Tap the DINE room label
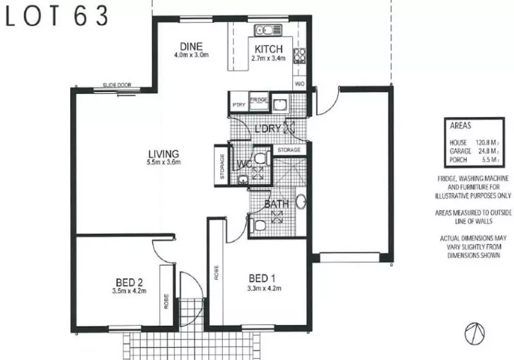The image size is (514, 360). (x=191, y=46)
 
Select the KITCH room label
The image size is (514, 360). (x=267, y=50)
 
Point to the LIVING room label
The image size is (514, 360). (x=163, y=154)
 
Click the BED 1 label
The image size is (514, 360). (x=263, y=278)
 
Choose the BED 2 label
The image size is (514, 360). (x=129, y=282)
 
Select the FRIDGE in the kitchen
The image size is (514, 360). (x=258, y=100)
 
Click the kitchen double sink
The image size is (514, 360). (x=264, y=30)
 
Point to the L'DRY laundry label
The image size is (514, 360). (x=268, y=128)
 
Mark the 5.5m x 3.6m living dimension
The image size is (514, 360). (x=163, y=163)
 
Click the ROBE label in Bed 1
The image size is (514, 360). (x=217, y=272)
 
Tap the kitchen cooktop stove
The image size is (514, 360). (x=299, y=56)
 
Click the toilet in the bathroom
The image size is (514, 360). (x=258, y=224)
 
